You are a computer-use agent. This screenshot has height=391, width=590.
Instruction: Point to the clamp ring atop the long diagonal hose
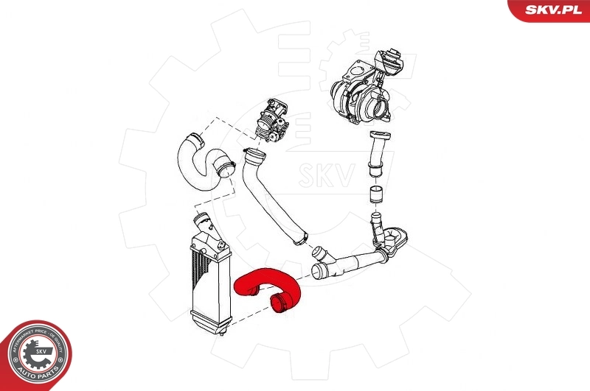[x=252, y=155]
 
